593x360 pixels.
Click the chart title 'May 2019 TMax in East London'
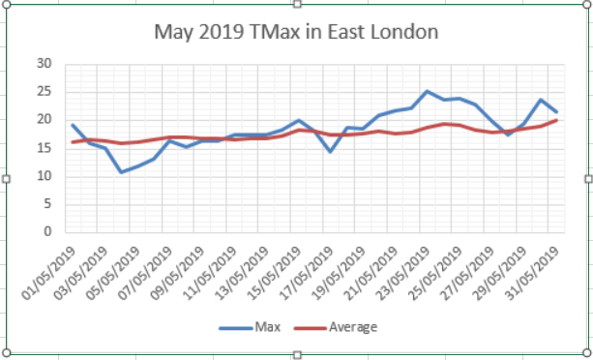pos(297,32)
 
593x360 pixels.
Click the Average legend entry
pos(352,327)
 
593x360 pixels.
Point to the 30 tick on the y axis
pos(44,64)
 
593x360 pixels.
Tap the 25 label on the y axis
pos(44,92)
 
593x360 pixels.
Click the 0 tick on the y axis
pos(47,232)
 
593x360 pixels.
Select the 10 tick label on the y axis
pos(44,176)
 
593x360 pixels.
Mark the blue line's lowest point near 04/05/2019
pos(121,172)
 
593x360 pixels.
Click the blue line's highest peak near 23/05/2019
pos(427,91)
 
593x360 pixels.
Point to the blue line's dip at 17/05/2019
pos(330,151)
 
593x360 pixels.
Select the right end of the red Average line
pos(556,120)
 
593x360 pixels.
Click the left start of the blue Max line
pos(73,125)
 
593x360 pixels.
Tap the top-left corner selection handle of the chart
pos(7,7)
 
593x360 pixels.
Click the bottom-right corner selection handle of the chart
pos(587,352)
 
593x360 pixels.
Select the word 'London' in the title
pos(404,32)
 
